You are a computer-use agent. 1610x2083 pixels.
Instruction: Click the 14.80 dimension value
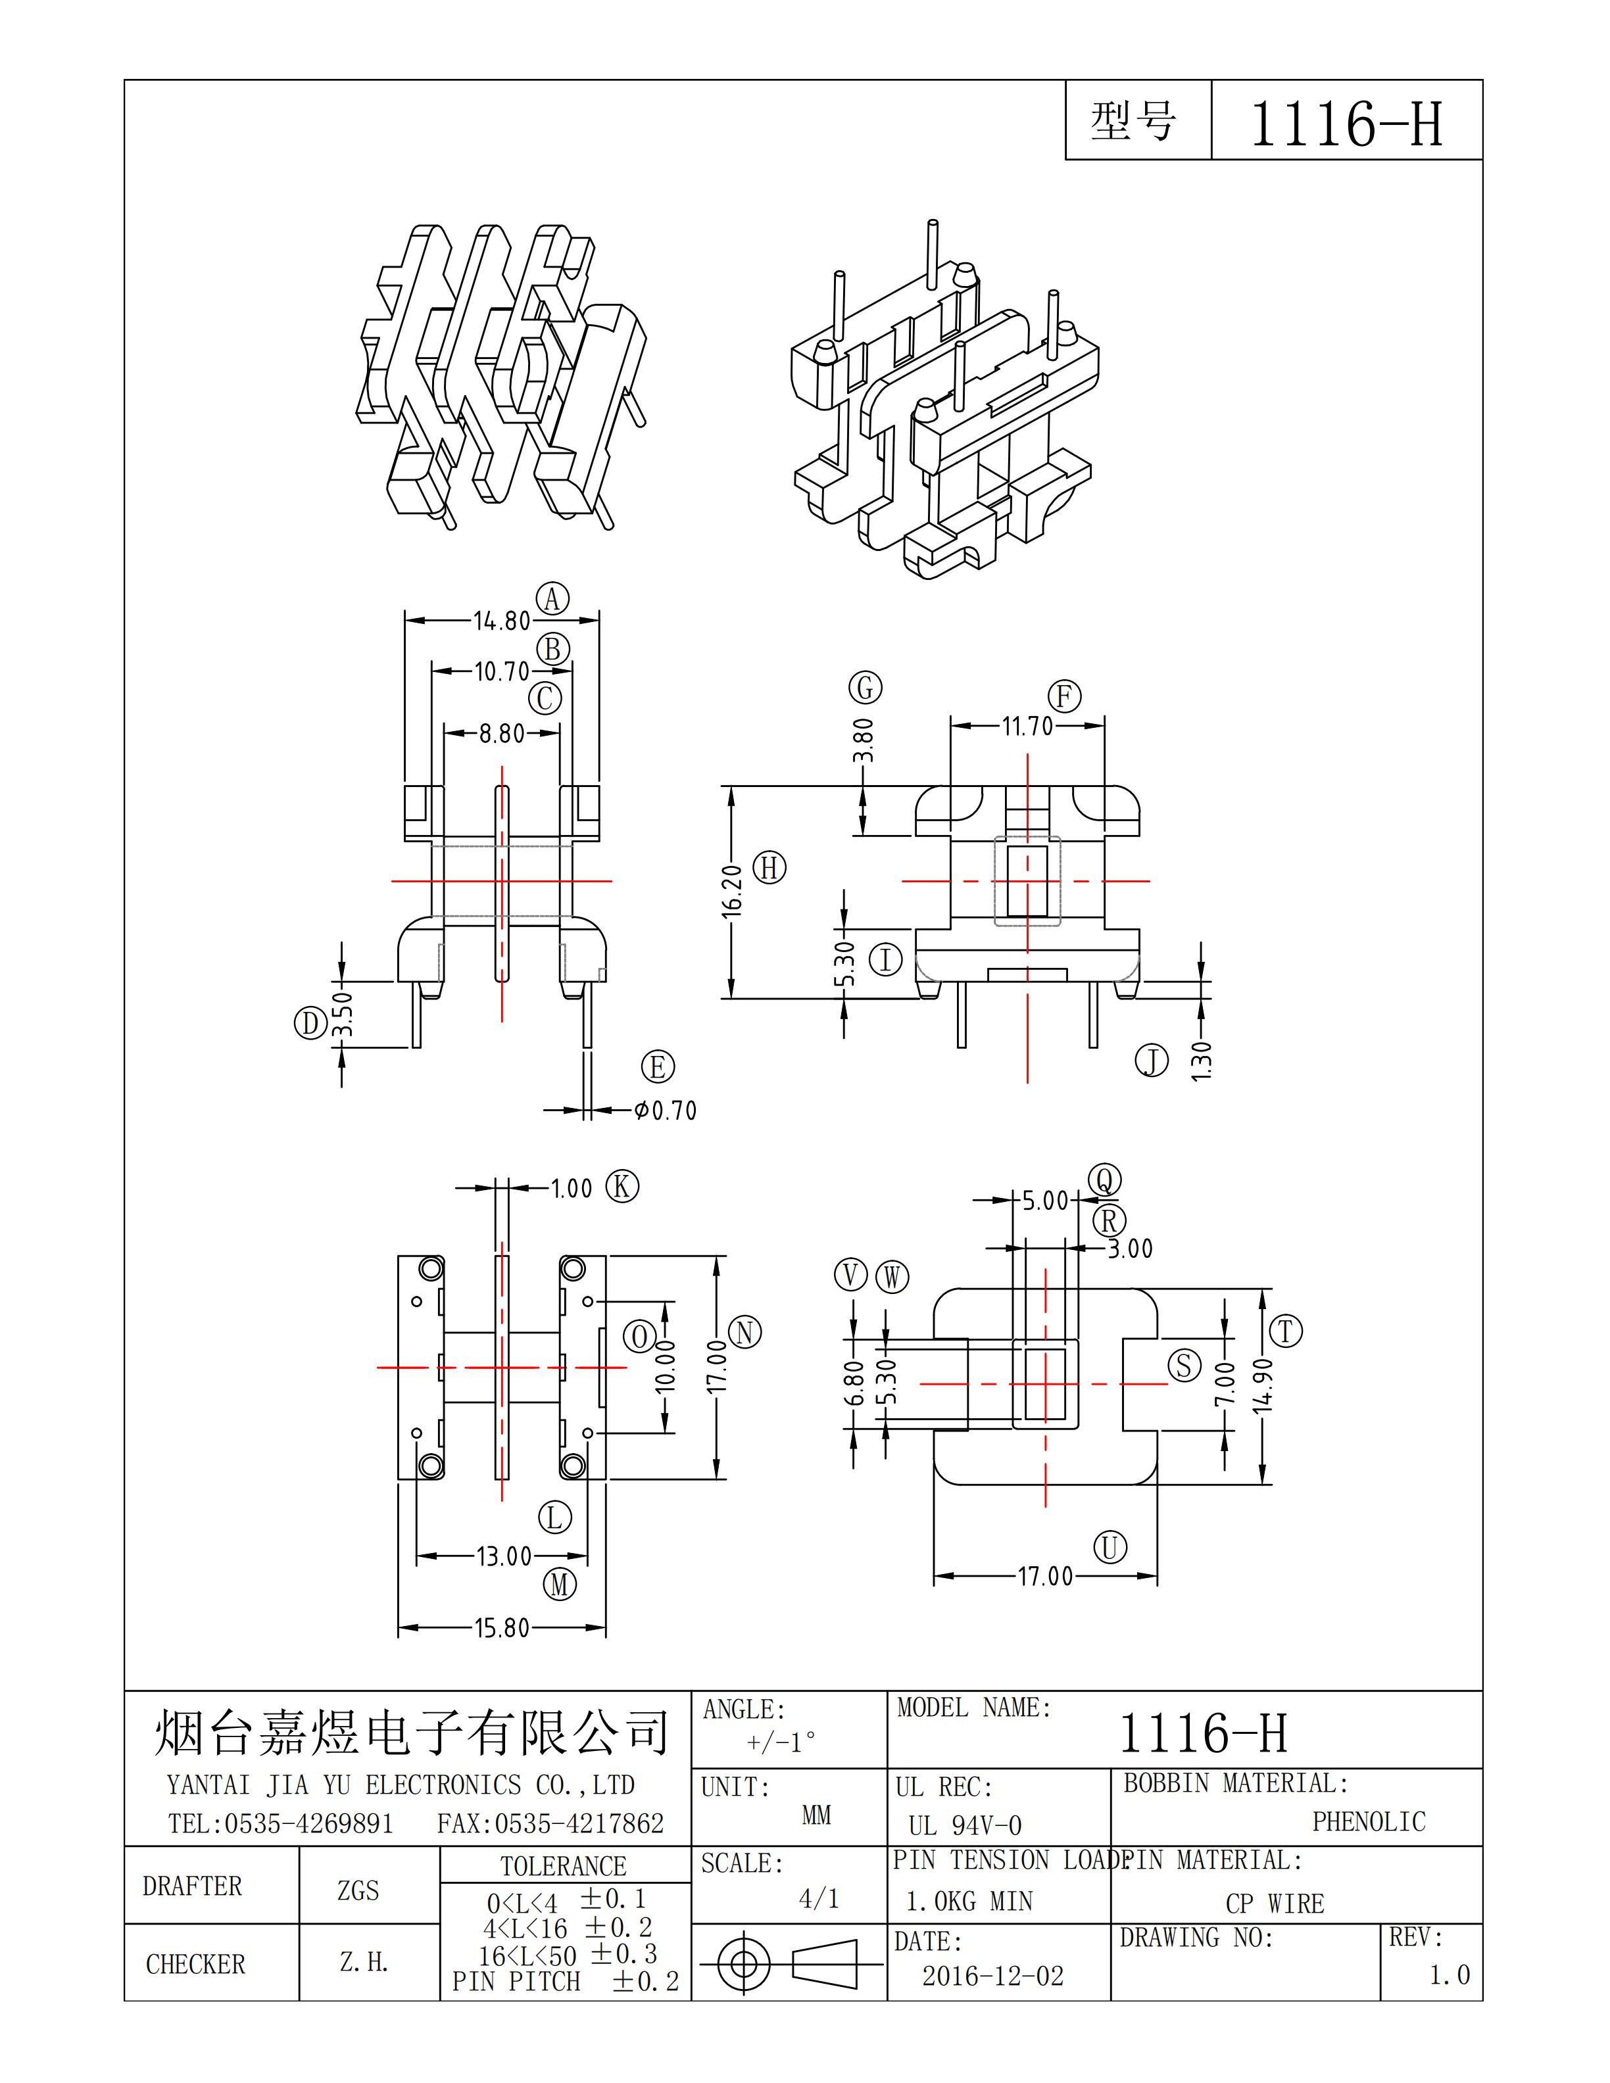(502, 621)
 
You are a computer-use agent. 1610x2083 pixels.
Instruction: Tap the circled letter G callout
(865, 688)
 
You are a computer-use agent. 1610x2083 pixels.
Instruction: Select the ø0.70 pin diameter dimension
(666, 1110)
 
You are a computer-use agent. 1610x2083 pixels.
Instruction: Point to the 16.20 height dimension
(731, 891)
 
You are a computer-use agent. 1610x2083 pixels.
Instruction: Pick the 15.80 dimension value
(502, 1628)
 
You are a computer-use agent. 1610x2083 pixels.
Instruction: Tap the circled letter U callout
(1110, 1547)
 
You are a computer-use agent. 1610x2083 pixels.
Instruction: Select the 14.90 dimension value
(1263, 1386)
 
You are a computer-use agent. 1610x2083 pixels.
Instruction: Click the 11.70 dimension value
(1027, 727)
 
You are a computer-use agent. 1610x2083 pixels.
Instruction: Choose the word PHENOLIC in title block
(1369, 1822)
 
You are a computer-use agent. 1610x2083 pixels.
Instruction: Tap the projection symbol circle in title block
(743, 1964)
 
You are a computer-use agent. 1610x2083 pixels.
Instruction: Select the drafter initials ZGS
(358, 1890)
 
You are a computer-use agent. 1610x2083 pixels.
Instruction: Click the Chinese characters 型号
(1134, 121)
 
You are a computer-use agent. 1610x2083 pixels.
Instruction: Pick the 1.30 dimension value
(1202, 1061)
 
